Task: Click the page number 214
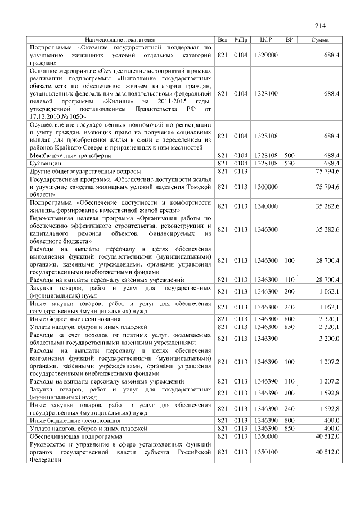click(x=321, y=26)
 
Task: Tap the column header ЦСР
click(x=266, y=40)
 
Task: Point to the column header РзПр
click(x=240, y=40)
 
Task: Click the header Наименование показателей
click(x=120, y=40)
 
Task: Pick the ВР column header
click(x=289, y=40)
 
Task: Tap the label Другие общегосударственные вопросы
click(x=85, y=170)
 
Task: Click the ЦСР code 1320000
click(x=266, y=56)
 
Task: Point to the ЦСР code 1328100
click(x=266, y=93)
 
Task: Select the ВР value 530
click(x=289, y=162)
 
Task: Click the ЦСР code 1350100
click(x=266, y=452)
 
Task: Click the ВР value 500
click(x=289, y=154)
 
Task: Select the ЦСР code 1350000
click(x=266, y=435)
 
